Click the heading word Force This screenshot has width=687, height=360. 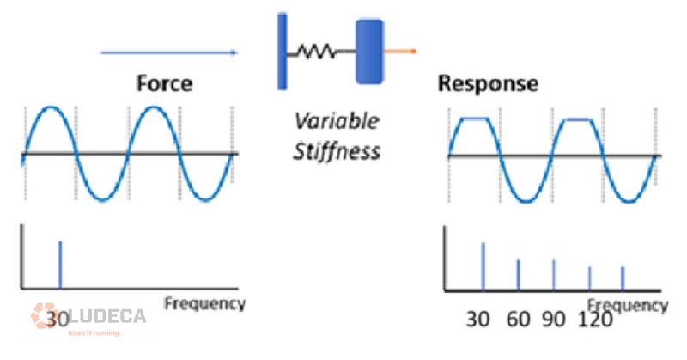(164, 83)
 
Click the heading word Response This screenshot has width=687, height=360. (488, 83)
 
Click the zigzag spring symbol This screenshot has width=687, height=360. (318, 52)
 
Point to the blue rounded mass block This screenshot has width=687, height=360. (370, 51)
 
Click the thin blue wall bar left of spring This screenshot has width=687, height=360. (282, 51)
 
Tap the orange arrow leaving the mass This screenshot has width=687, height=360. (401, 52)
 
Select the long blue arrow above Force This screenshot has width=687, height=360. (168, 53)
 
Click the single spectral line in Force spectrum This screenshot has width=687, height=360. (59, 265)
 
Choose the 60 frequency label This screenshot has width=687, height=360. (518, 320)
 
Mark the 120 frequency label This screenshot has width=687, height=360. (595, 320)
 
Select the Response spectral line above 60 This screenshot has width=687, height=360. (518, 274)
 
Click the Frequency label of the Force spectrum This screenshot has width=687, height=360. (204, 303)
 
